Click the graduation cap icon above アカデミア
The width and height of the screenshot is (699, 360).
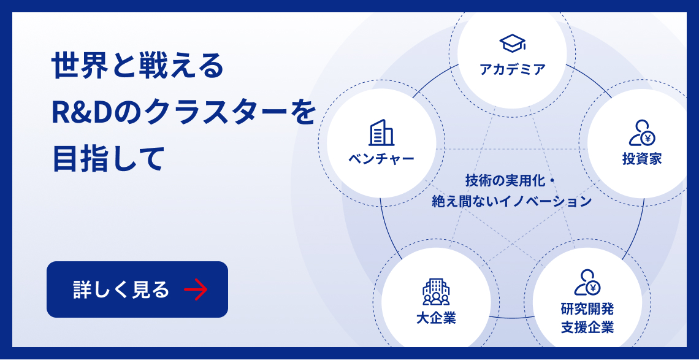pos(512,43)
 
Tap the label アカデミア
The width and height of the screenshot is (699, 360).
pos(512,69)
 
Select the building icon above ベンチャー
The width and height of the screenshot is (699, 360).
pos(381,132)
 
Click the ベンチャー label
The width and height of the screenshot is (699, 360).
pos(381,159)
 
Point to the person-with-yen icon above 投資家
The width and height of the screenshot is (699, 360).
pos(642,132)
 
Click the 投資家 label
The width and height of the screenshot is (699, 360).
pos(642,159)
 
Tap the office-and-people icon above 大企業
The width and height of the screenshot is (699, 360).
pos(436,292)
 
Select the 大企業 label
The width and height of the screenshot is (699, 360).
pos(436,318)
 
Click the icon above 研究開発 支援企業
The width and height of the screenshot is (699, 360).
pos(587,283)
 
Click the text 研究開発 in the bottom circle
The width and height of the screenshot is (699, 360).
pos(587,308)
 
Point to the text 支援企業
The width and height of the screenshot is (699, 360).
pos(587,327)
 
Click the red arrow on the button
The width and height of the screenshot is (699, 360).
pos(196,289)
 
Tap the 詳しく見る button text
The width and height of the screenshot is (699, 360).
pos(121,289)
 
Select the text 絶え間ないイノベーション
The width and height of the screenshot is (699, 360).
pos(511,201)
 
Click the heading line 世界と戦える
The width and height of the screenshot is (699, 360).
pos(138,66)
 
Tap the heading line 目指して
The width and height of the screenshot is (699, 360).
pos(109,158)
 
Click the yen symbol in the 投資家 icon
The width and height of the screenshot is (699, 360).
pos(647,137)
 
